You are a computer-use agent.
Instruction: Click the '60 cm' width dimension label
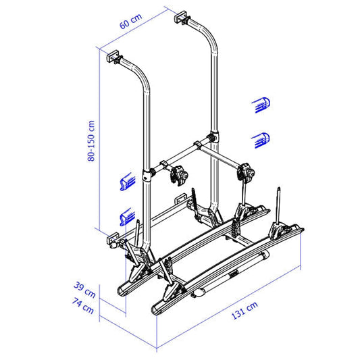[132, 26]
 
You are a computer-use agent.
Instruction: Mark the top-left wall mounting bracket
[113, 58]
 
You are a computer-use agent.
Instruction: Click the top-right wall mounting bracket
[184, 17]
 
